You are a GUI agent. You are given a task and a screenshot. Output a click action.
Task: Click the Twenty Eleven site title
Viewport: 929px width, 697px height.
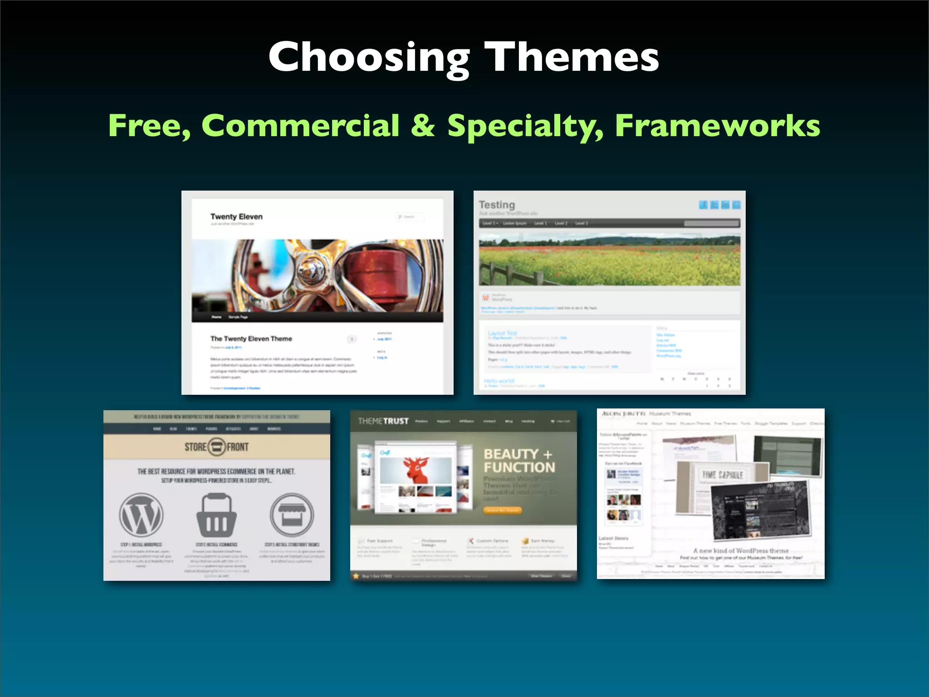tap(236, 216)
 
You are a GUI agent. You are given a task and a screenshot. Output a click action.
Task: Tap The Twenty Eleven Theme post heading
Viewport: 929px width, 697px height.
tap(251, 339)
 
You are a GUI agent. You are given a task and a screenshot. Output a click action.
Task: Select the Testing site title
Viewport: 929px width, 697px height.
tap(497, 205)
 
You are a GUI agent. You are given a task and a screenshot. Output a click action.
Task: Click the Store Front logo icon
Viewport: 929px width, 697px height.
tap(217, 447)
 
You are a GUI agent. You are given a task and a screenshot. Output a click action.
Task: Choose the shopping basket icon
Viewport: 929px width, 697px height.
tap(216, 515)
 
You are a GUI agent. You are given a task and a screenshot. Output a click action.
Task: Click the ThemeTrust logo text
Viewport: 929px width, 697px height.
tap(383, 421)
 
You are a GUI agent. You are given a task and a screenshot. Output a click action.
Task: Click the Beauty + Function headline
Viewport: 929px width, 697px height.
tap(519, 461)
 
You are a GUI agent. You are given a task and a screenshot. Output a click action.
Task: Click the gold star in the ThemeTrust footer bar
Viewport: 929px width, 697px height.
tap(356, 576)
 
